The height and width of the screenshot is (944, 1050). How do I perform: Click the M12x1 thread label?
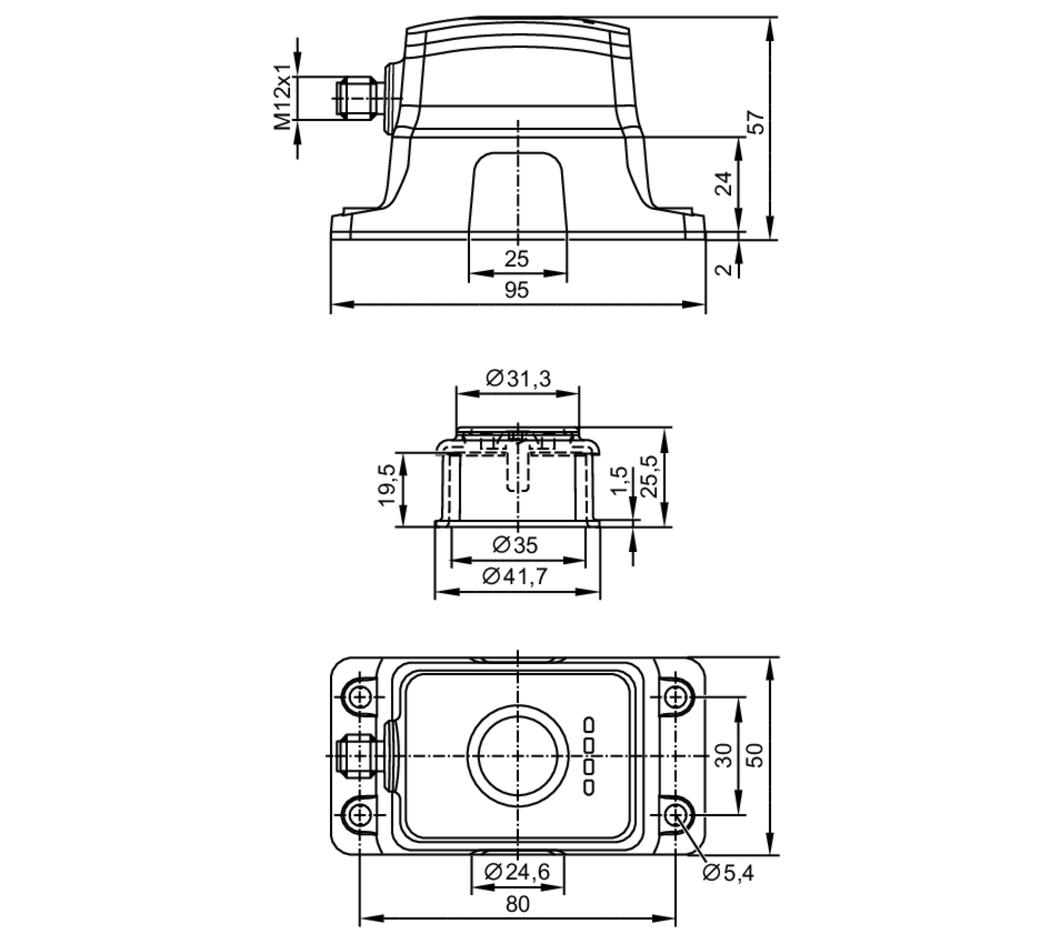[282, 98]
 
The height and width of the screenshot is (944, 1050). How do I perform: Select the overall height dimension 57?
[757, 122]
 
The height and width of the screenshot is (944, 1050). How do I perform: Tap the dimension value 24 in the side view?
[724, 183]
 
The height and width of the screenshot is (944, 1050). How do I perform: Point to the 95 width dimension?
[517, 290]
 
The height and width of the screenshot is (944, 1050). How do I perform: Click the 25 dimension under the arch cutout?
[517, 259]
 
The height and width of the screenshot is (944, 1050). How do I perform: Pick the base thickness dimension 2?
[724, 270]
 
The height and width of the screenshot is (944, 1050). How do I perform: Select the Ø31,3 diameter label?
[518, 378]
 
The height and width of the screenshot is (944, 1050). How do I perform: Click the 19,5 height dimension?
[387, 485]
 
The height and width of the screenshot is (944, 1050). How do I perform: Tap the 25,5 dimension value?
[649, 476]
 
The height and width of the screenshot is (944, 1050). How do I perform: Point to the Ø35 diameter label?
[515, 546]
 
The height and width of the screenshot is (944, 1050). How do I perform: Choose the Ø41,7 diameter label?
[515, 577]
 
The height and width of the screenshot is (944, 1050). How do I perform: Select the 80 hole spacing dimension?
[518, 904]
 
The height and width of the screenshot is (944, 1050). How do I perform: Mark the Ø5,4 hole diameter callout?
[728, 873]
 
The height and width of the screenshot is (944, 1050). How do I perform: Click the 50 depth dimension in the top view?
[756, 756]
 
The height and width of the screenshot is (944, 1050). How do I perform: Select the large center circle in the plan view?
[518, 756]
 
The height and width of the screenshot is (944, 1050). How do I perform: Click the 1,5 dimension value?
[619, 480]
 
